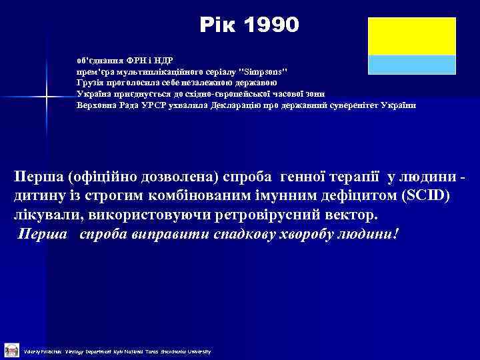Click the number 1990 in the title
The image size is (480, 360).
pos(273,25)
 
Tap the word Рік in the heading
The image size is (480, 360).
pos(217,25)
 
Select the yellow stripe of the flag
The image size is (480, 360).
pos(411,37)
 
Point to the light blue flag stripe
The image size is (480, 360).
pos(411,64)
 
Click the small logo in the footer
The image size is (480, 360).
pos(11,349)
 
